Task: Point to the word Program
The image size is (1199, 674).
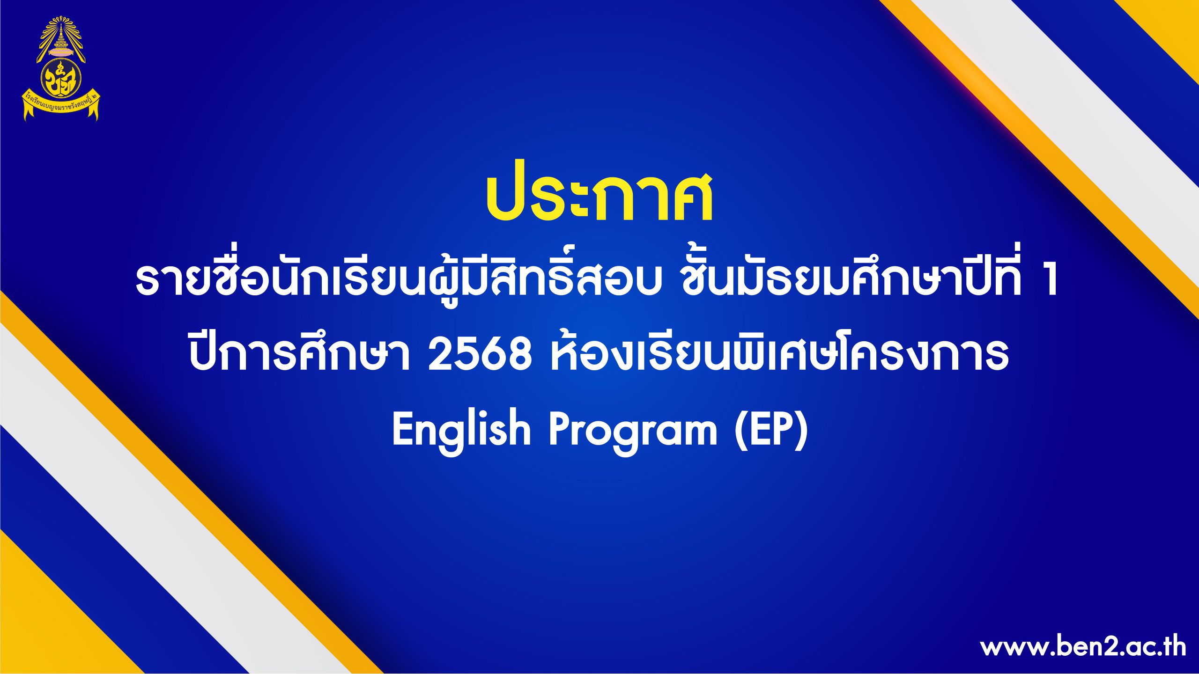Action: (633, 431)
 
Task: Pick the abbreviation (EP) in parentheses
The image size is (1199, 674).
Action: (770, 429)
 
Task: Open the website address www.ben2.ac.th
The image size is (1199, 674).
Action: (1083, 647)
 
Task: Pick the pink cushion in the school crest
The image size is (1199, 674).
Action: (61, 51)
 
